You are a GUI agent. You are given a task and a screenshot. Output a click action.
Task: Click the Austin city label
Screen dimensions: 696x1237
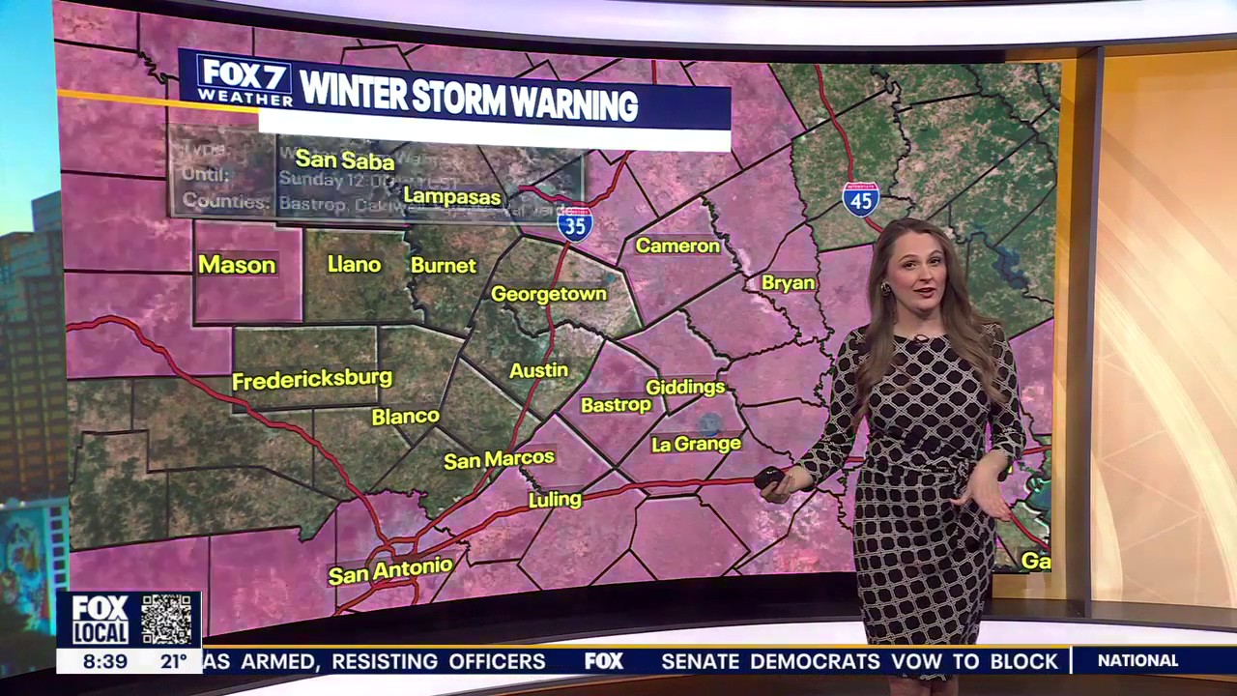(x=538, y=370)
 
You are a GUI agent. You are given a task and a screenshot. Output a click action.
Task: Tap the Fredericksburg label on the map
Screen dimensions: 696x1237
(x=312, y=379)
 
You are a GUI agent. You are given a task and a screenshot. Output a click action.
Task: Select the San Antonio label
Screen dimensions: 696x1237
(x=390, y=570)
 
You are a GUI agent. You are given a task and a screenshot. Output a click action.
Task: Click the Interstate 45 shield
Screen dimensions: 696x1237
(x=860, y=199)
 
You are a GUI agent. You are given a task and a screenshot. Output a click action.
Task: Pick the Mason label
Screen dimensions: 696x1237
(x=237, y=265)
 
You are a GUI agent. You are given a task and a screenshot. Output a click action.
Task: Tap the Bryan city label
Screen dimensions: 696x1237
(x=789, y=283)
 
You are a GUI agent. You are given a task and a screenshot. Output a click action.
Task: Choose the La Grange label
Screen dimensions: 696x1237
(x=696, y=444)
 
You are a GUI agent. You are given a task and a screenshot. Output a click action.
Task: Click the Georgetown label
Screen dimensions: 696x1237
(x=549, y=294)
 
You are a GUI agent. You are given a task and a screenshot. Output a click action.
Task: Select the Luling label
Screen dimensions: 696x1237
(x=555, y=500)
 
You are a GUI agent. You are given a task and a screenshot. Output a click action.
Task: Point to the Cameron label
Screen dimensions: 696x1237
(x=677, y=246)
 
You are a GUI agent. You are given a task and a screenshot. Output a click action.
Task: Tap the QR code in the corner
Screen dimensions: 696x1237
(x=166, y=619)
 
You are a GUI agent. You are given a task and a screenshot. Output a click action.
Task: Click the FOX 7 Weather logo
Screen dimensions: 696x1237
(x=245, y=79)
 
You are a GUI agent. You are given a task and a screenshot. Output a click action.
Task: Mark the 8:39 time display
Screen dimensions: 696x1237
(x=105, y=662)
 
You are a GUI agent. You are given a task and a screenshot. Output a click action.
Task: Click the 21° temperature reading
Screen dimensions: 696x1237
(x=174, y=662)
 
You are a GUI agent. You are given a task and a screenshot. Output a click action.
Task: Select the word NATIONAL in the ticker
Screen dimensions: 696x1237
(x=1137, y=661)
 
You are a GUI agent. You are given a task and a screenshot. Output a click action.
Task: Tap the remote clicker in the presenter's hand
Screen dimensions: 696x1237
(x=770, y=477)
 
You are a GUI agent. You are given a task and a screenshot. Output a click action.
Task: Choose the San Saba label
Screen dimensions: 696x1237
(x=345, y=159)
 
